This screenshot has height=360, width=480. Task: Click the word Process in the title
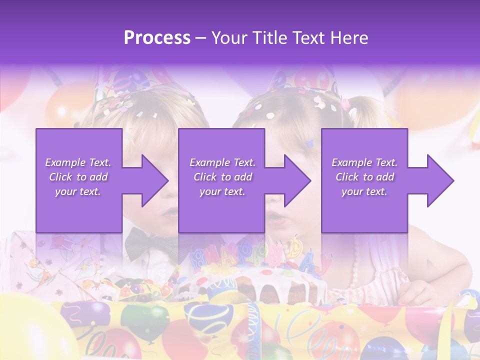click(157, 38)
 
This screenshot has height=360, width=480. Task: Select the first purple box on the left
click(79, 150)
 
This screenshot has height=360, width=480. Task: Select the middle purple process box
click(221, 150)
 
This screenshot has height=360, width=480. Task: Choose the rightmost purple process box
click(364, 150)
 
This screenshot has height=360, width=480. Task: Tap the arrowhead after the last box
click(439, 180)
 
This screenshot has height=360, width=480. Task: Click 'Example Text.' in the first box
click(78, 162)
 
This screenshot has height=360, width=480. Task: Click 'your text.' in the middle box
click(222, 191)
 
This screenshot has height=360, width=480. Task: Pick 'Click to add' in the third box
click(364, 177)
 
